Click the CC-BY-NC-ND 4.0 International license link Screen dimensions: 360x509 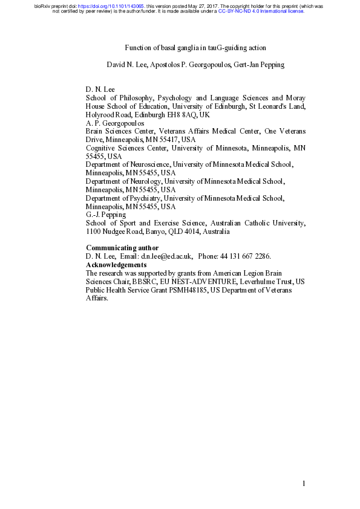pyautogui.click(x=261, y=11)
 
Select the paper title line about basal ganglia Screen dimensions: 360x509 pyautogui.click(x=195, y=48)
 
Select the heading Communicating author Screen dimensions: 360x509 pyautogui.click(x=122, y=248)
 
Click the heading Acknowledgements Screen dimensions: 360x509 pyautogui.click(x=116, y=265)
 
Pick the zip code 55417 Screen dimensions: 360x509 pyautogui.click(x=161, y=139)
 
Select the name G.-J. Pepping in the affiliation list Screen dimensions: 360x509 pyautogui.click(x=106, y=215)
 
